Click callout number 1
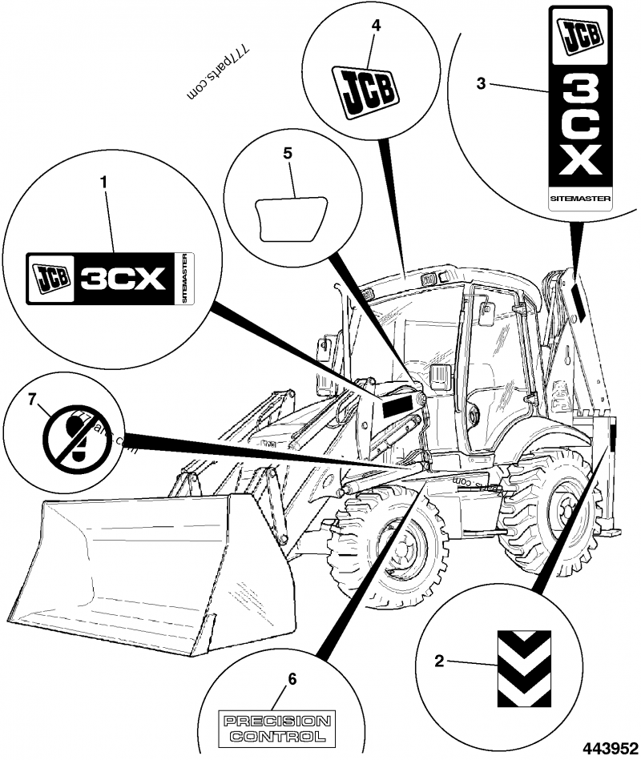103,183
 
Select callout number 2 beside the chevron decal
439,661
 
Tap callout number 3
482,84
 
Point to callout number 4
376,25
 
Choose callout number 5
288,153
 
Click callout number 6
292,679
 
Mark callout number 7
32,400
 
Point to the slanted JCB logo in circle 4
365,90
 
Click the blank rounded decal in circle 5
290,215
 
